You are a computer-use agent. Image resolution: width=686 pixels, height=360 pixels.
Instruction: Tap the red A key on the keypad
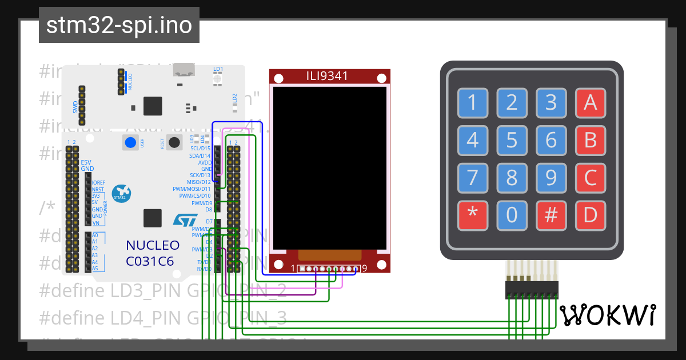tap(591, 103)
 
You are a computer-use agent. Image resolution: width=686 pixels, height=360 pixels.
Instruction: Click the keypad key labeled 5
tap(512, 140)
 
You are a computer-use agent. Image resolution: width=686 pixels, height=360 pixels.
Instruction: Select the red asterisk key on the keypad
tap(472, 215)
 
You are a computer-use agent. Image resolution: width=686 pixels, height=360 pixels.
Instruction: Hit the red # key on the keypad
tap(551, 215)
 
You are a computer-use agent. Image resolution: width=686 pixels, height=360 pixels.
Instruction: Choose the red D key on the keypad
tap(591, 215)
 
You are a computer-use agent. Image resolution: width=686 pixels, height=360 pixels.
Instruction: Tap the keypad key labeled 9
tap(551, 178)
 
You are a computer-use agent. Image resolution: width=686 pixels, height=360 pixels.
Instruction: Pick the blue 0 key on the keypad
tap(512, 215)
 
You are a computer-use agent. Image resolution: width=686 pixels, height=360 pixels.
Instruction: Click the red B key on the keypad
tap(591, 140)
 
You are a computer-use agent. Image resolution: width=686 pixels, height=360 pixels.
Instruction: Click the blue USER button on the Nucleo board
tap(130, 143)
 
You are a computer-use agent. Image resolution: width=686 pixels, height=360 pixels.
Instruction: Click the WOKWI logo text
tap(608, 315)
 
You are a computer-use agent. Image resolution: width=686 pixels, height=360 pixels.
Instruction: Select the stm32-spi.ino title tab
tap(119, 25)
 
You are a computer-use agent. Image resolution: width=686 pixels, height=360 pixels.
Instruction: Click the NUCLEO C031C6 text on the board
tap(153, 253)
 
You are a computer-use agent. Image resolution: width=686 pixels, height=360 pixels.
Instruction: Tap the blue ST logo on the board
tap(185, 219)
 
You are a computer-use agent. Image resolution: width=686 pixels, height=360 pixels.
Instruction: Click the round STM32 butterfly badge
tap(121, 193)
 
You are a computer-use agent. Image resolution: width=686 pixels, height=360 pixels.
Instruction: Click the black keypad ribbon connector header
tap(531, 289)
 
